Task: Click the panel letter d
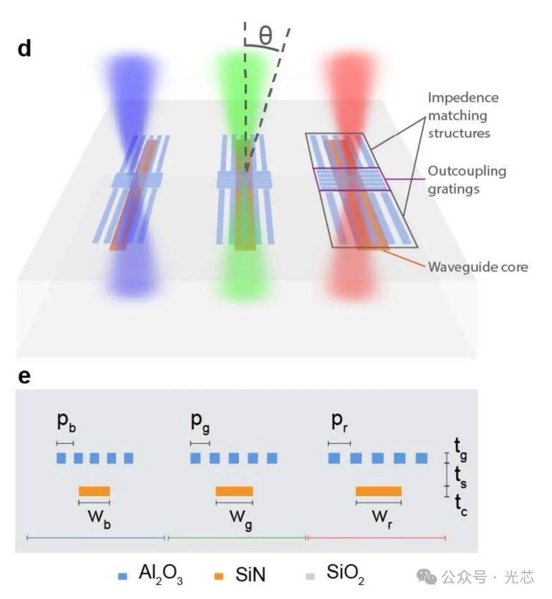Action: [x=24, y=49]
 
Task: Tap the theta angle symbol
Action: [x=265, y=36]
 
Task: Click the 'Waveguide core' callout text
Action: [x=478, y=267]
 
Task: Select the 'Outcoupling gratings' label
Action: [x=466, y=179]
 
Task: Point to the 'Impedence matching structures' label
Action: [x=463, y=115]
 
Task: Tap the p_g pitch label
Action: [x=200, y=421]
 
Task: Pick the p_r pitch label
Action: [x=339, y=421]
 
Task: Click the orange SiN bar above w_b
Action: [x=94, y=491]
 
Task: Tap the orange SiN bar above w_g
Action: [x=234, y=491]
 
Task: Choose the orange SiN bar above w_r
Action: [x=379, y=491]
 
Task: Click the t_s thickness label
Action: [x=461, y=477]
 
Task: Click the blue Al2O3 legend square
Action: [x=123, y=576]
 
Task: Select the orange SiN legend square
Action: [x=218, y=576]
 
